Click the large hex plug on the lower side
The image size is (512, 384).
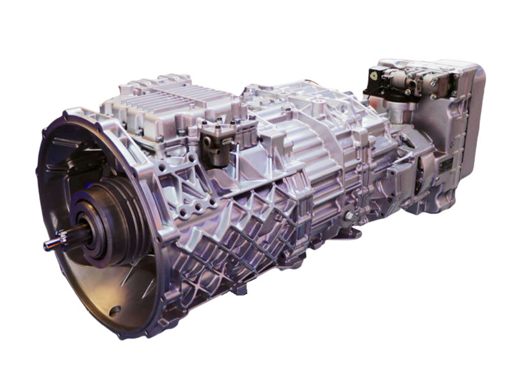click(x=349, y=217)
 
